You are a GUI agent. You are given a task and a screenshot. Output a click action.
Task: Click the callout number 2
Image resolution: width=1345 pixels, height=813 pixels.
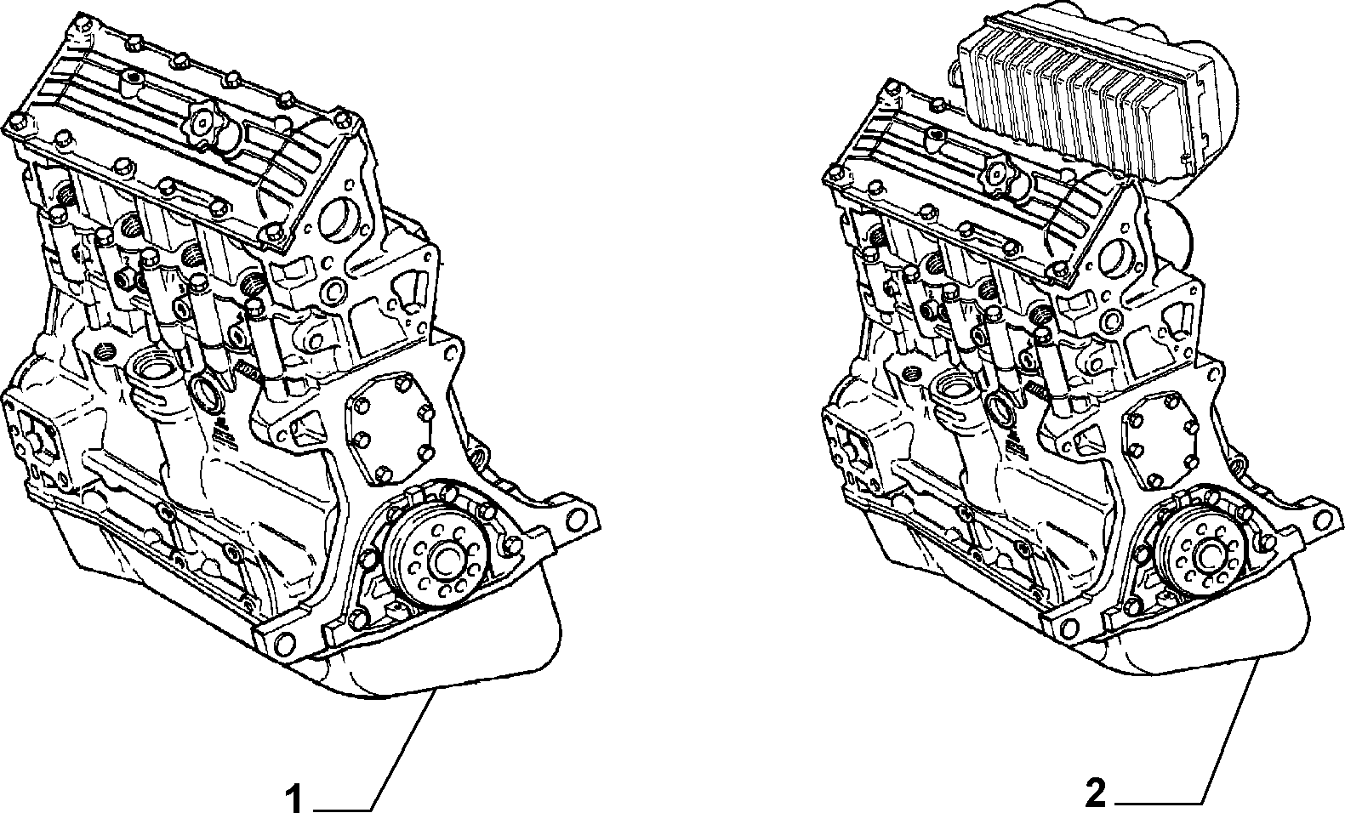[1095, 793]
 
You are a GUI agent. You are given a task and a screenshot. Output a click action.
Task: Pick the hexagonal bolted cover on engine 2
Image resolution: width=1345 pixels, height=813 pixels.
[1158, 438]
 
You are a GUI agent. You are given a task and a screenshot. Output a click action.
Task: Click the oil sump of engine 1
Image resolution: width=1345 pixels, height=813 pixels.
[336, 630]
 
